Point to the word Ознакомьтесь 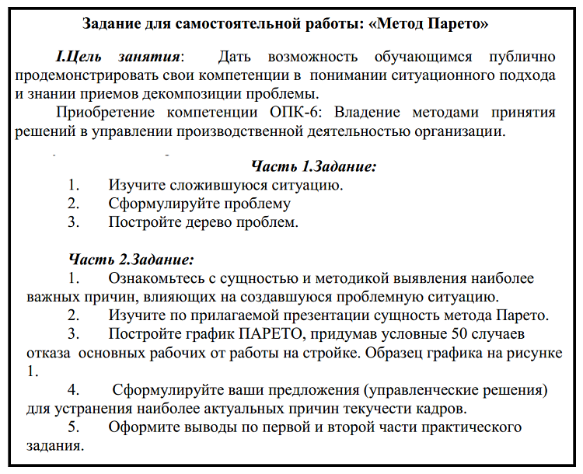pos(159,278)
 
